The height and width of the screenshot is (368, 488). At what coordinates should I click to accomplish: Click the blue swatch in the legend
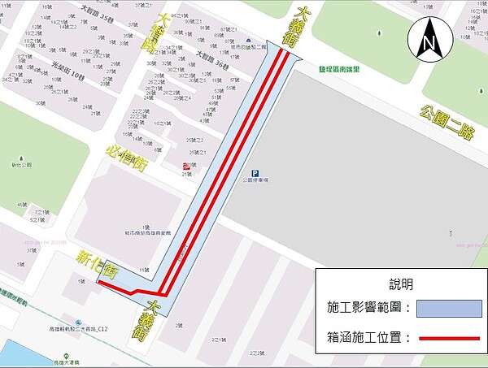pos(448,309)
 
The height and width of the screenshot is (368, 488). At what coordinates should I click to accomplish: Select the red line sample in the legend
pos(448,336)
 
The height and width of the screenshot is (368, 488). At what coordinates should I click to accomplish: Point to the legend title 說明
pos(401,284)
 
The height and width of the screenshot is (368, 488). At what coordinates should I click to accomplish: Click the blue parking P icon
pos(255,173)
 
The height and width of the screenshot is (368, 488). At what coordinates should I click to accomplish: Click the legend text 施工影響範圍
pos(367,309)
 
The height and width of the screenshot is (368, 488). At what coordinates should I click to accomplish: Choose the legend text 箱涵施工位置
pos(367,336)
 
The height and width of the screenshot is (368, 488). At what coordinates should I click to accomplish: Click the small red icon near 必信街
pos(188,165)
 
